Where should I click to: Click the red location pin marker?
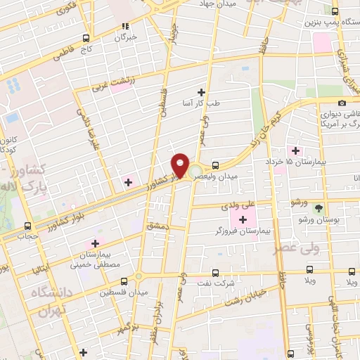pos(181,164)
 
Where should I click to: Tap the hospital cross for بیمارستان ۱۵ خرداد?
pos(295,150)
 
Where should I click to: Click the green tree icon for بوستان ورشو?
pos(319,208)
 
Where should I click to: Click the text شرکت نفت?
pos(217,284)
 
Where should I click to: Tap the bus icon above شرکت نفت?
pos(215,273)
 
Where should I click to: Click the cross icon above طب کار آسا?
pos(202,92)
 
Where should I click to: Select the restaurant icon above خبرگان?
pos(125,25)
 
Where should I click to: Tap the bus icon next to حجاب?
pos(28,226)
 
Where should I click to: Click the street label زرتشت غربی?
pos(110,84)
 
